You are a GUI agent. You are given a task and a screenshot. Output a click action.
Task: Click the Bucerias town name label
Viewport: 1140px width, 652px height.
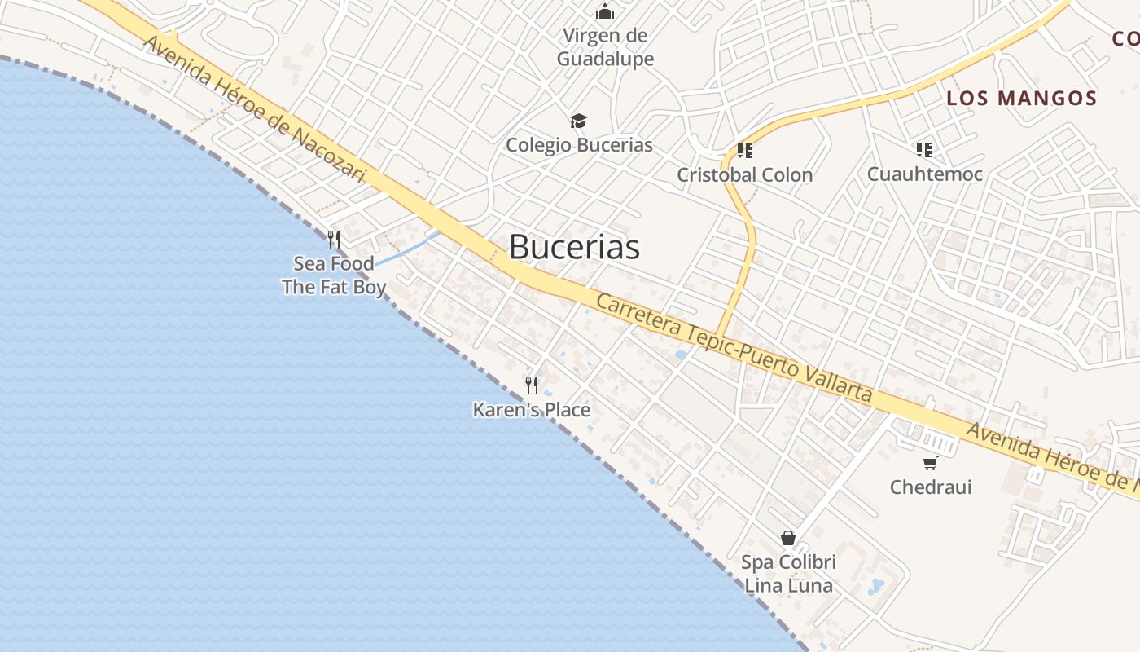click(574, 247)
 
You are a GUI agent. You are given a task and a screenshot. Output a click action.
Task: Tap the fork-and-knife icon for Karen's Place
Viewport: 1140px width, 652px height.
click(532, 385)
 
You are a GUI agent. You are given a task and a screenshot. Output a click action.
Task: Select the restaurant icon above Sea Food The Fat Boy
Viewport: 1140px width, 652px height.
click(333, 239)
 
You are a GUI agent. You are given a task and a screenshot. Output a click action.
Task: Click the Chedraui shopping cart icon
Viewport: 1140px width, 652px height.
click(930, 464)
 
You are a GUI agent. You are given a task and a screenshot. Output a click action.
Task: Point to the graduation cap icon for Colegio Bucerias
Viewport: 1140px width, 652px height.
click(578, 121)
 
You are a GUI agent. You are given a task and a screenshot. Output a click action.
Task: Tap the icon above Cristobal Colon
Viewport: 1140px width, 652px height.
click(744, 151)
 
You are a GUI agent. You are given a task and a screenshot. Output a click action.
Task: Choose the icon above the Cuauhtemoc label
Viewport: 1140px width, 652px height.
click(923, 149)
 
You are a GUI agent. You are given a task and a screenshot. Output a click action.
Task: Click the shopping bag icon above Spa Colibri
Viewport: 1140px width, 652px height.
click(787, 538)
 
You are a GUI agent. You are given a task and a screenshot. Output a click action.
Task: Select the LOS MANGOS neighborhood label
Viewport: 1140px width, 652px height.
click(1021, 99)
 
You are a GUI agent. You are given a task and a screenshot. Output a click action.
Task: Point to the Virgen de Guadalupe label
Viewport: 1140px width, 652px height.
click(606, 47)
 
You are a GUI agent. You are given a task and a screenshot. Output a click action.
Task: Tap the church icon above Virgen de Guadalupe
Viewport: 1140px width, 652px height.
click(605, 11)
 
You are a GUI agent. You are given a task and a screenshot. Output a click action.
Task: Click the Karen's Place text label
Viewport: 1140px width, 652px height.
click(532, 410)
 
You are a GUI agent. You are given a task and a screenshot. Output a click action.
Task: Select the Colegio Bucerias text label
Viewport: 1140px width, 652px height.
click(579, 145)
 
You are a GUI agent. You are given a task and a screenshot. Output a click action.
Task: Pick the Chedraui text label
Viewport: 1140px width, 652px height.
click(931, 487)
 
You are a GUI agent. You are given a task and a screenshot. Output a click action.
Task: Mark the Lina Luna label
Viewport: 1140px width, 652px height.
click(788, 585)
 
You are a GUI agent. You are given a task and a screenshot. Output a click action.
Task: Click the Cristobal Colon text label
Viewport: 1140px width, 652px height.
click(744, 174)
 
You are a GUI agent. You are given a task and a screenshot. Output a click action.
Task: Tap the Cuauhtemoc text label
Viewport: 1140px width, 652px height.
click(924, 174)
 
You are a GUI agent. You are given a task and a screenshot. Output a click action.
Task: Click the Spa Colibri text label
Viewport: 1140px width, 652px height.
click(788, 562)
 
